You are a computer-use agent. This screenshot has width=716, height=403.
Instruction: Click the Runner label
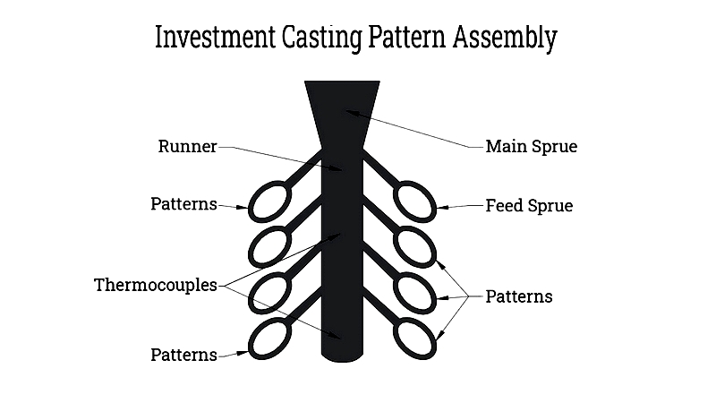click(x=187, y=147)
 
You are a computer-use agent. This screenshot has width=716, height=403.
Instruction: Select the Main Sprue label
click(x=531, y=147)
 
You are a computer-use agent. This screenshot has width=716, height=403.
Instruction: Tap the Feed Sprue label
click(x=529, y=206)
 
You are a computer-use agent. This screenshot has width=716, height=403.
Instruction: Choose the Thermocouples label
click(x=156, y=286)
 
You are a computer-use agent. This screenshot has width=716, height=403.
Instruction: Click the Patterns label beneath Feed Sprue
click(x=519, y=296)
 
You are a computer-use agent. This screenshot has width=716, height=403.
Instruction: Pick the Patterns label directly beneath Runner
click(x=183, y=204)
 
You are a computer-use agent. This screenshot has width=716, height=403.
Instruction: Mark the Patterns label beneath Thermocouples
click(x=183, y=355)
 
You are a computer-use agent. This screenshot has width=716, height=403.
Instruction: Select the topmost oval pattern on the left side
click(x=270, y=201)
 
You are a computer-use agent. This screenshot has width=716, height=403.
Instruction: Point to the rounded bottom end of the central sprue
click(x=342, y=355)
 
